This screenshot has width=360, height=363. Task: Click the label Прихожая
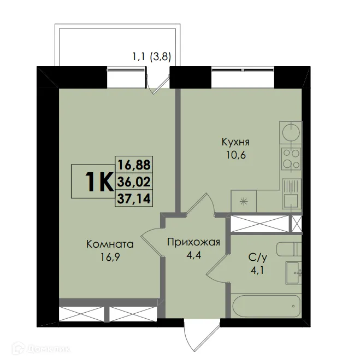tap(193, 242)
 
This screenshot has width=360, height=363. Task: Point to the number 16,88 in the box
tap(134, 163)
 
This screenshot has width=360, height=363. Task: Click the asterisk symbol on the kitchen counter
tap(244, 201)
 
